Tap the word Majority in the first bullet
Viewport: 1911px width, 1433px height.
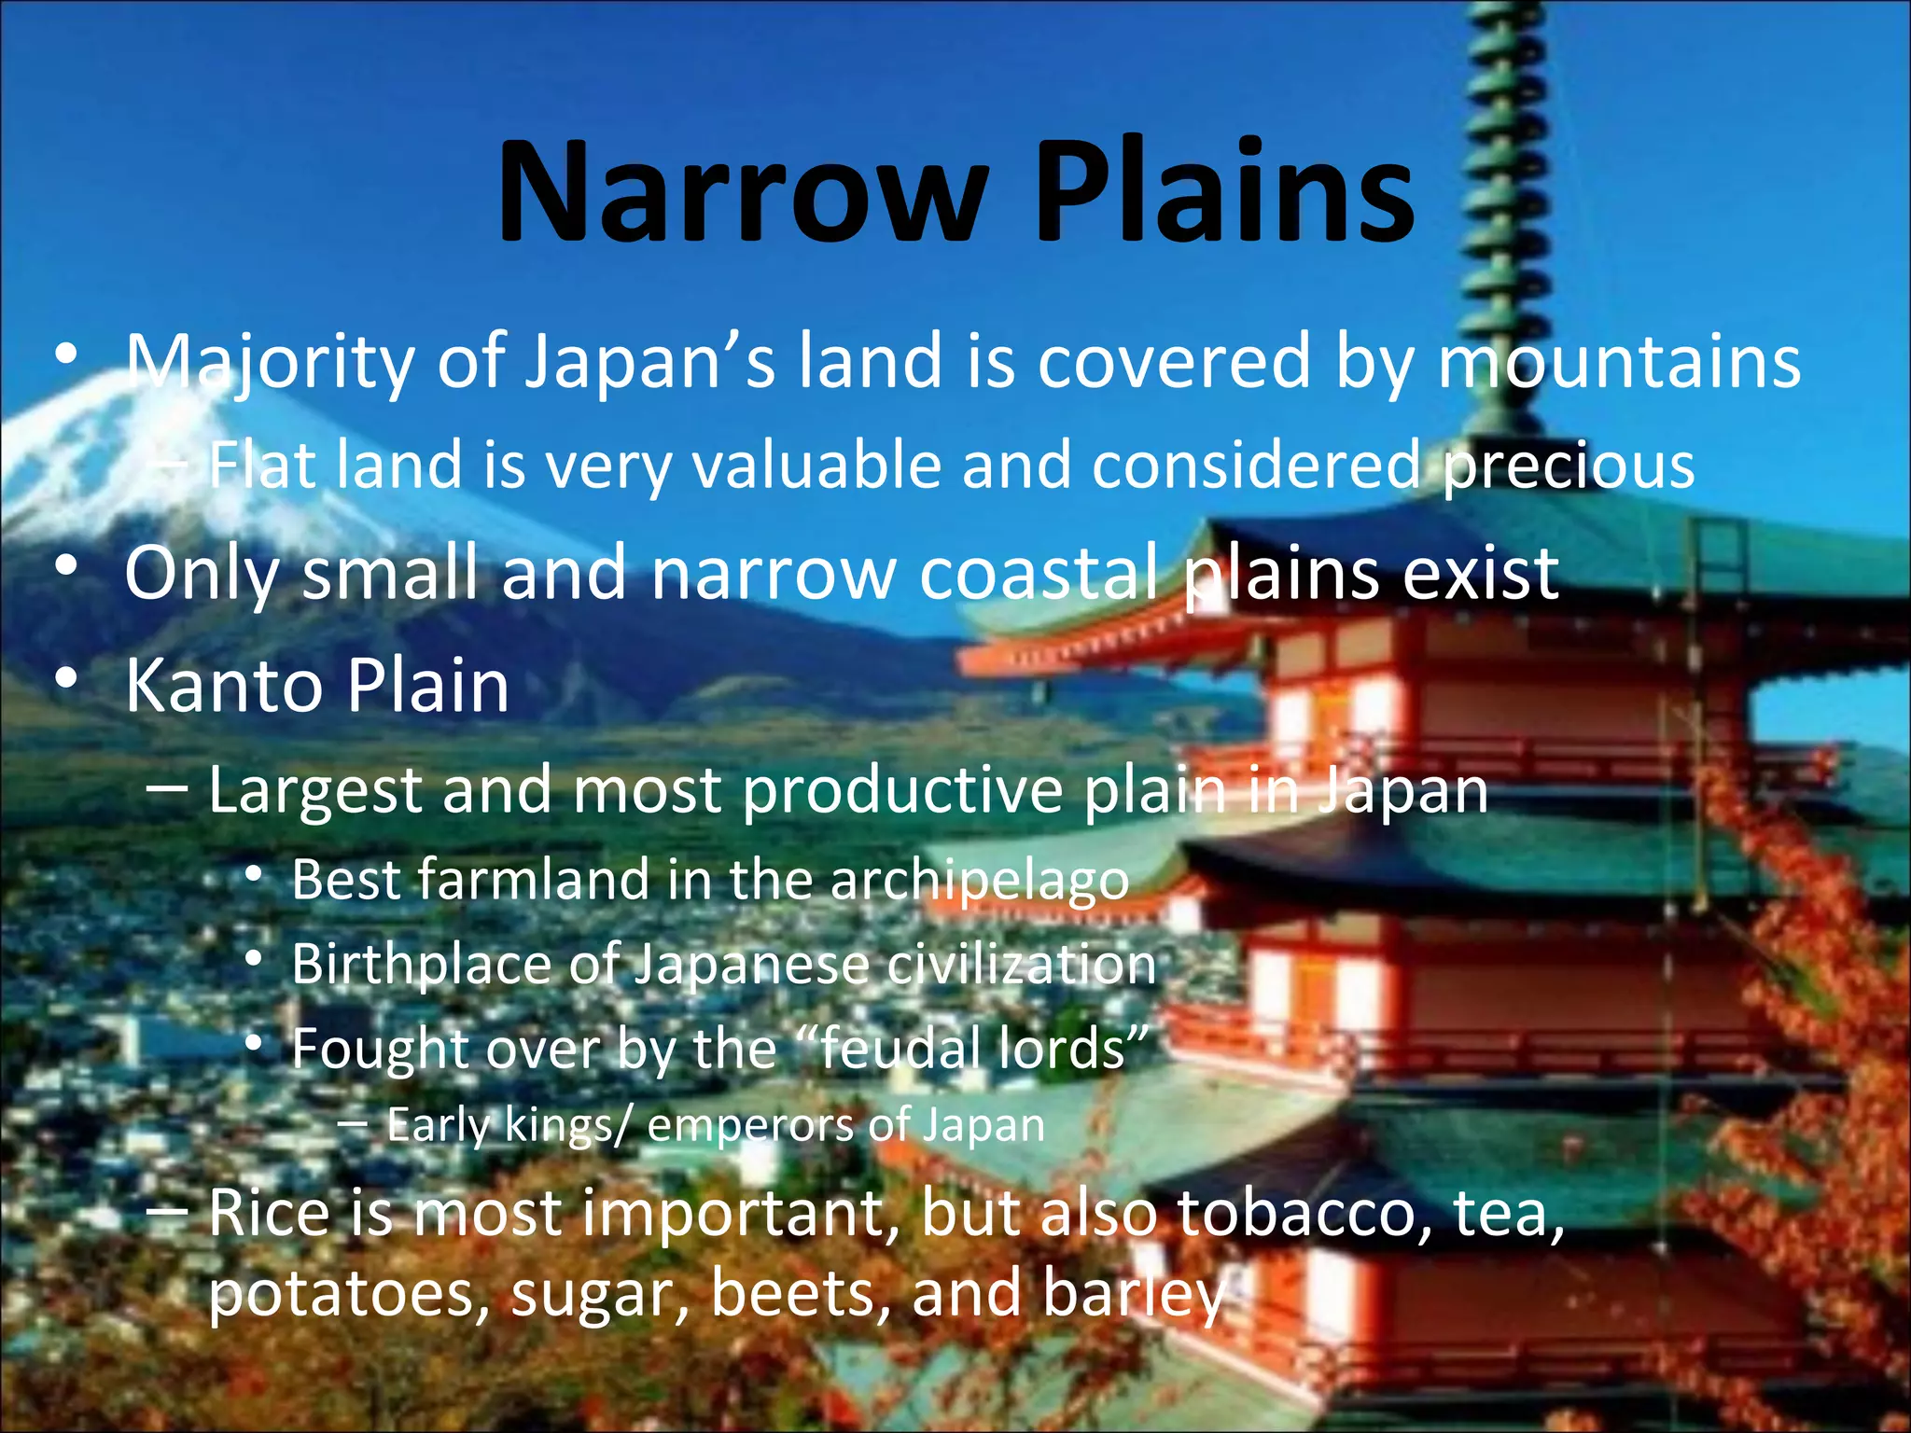(x=272, y=362)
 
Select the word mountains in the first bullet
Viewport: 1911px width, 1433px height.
(x=1619, y=362)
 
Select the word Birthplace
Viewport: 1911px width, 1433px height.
(x=420, y=965)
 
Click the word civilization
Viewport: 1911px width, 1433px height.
(x=1021, y=965)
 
